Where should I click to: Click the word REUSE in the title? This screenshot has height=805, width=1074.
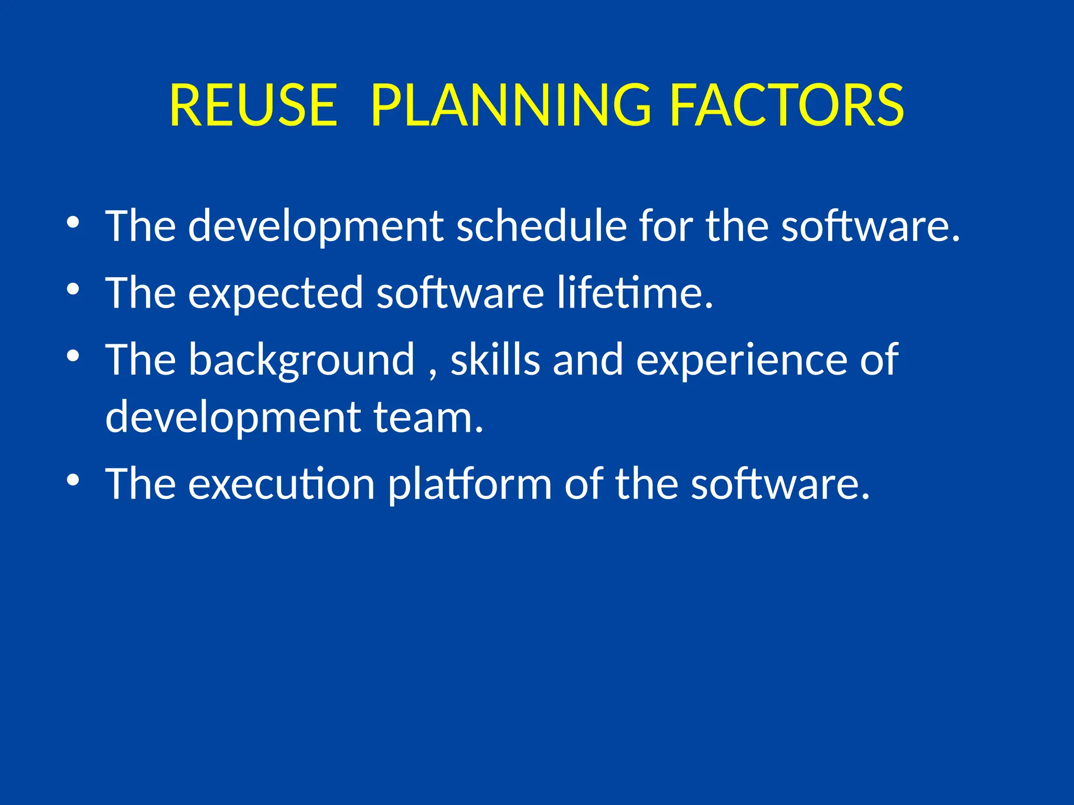click(x=253, y=106)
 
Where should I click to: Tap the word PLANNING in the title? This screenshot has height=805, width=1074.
click(x=511, y=106)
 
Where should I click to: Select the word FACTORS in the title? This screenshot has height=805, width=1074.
click(x=787, y=106)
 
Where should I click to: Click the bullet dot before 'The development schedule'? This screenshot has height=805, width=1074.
click(x=73, y=222)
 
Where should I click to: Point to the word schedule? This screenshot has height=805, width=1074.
click(x=541, y=226)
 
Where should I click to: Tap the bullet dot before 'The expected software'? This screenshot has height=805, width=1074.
click(x=73, y=289)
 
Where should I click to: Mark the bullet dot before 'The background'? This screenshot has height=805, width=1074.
click(x=73, y=356)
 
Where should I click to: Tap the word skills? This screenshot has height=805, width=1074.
click(x=495, y=360)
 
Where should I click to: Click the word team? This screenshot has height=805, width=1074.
click(x=427, y=417)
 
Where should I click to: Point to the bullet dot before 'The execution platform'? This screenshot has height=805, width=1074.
click(x=73, y=480)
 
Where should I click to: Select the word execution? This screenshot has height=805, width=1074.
click(x=281, y=484)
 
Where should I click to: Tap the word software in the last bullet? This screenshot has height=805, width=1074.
click(x=780, y=484)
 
